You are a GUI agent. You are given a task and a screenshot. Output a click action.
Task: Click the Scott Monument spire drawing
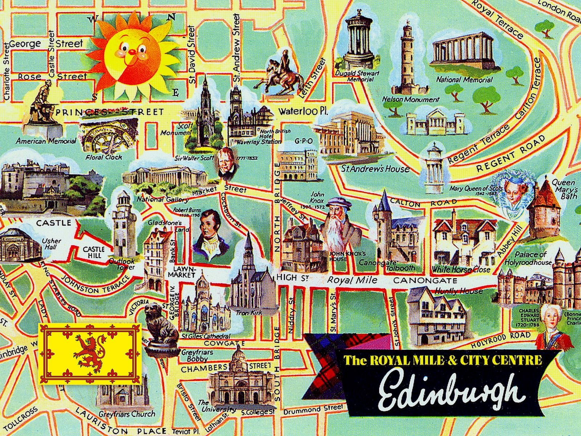pyautogui.click(x=205, y=109)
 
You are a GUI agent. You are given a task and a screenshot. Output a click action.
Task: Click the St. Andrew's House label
pyautogui.click(x=375, y=169)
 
